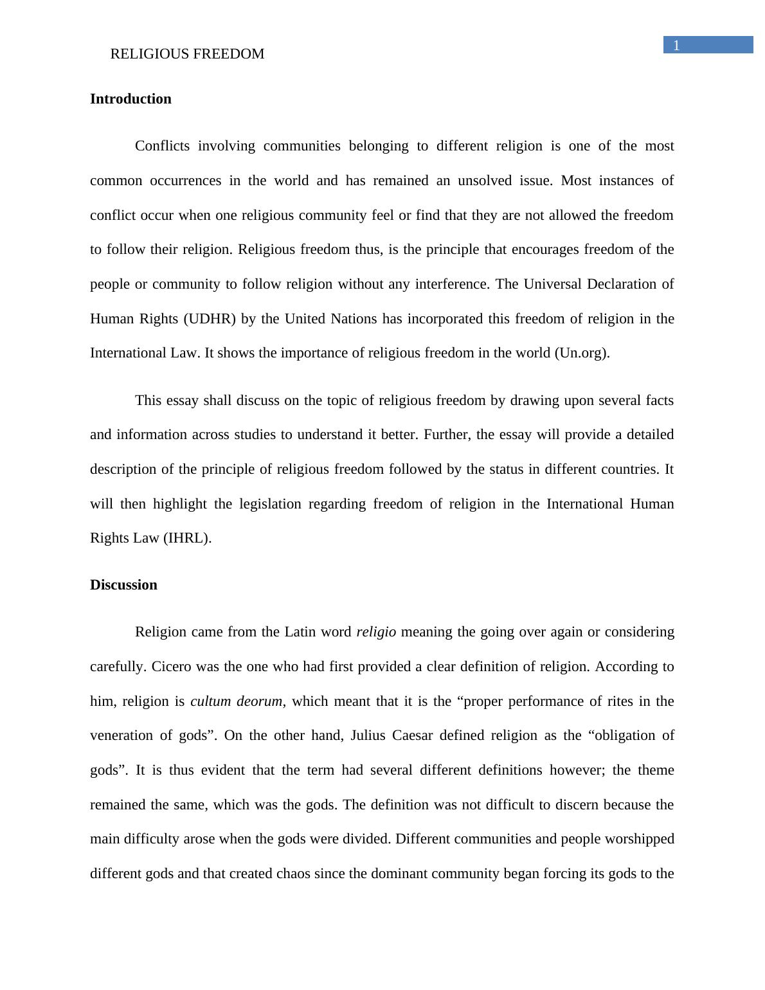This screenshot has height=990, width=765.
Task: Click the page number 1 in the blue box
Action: point(676,45)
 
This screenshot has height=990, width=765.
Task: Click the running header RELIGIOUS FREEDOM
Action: point(187,54)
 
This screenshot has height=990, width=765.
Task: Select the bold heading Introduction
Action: point(130,99)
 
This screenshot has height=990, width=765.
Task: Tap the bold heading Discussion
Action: point(123,585)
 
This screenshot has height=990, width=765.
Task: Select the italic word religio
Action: point(376,632)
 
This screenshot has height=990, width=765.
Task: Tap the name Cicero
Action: point(172,667)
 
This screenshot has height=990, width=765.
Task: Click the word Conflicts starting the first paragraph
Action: point(162,146)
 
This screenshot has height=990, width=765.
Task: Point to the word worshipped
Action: point(637,839)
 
